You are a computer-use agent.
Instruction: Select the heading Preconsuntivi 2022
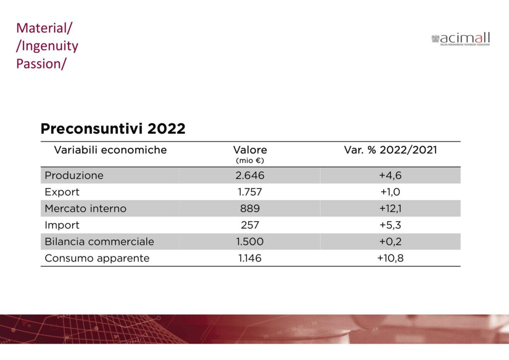click(113, 129)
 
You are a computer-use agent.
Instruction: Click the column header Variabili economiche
click(110, 150)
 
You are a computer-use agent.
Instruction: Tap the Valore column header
click(250, 150)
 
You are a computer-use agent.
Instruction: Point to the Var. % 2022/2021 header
click(390, 150)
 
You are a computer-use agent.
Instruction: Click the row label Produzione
click(74, 176)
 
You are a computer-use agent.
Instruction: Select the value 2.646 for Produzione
click(250, 176)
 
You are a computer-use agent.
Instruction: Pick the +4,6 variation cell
click(390, 176)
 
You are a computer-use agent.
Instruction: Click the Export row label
click(62, 192)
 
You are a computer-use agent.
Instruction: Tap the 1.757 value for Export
click(250, 192)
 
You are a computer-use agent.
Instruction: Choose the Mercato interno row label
click(85, 209)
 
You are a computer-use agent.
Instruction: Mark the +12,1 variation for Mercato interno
click(390, 209)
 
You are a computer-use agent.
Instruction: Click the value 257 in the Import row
click(250, 225)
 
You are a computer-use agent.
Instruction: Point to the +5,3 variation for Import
click(390, 225)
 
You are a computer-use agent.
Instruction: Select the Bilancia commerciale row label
click(99, 242)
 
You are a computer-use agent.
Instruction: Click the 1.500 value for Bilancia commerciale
click(250, 242)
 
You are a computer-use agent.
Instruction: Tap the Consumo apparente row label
click(97, 259)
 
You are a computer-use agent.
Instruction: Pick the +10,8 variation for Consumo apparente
click(390, 259)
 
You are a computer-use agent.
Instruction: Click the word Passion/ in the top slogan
click(41, 64)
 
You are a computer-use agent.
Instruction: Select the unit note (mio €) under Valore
click(250, 161)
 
